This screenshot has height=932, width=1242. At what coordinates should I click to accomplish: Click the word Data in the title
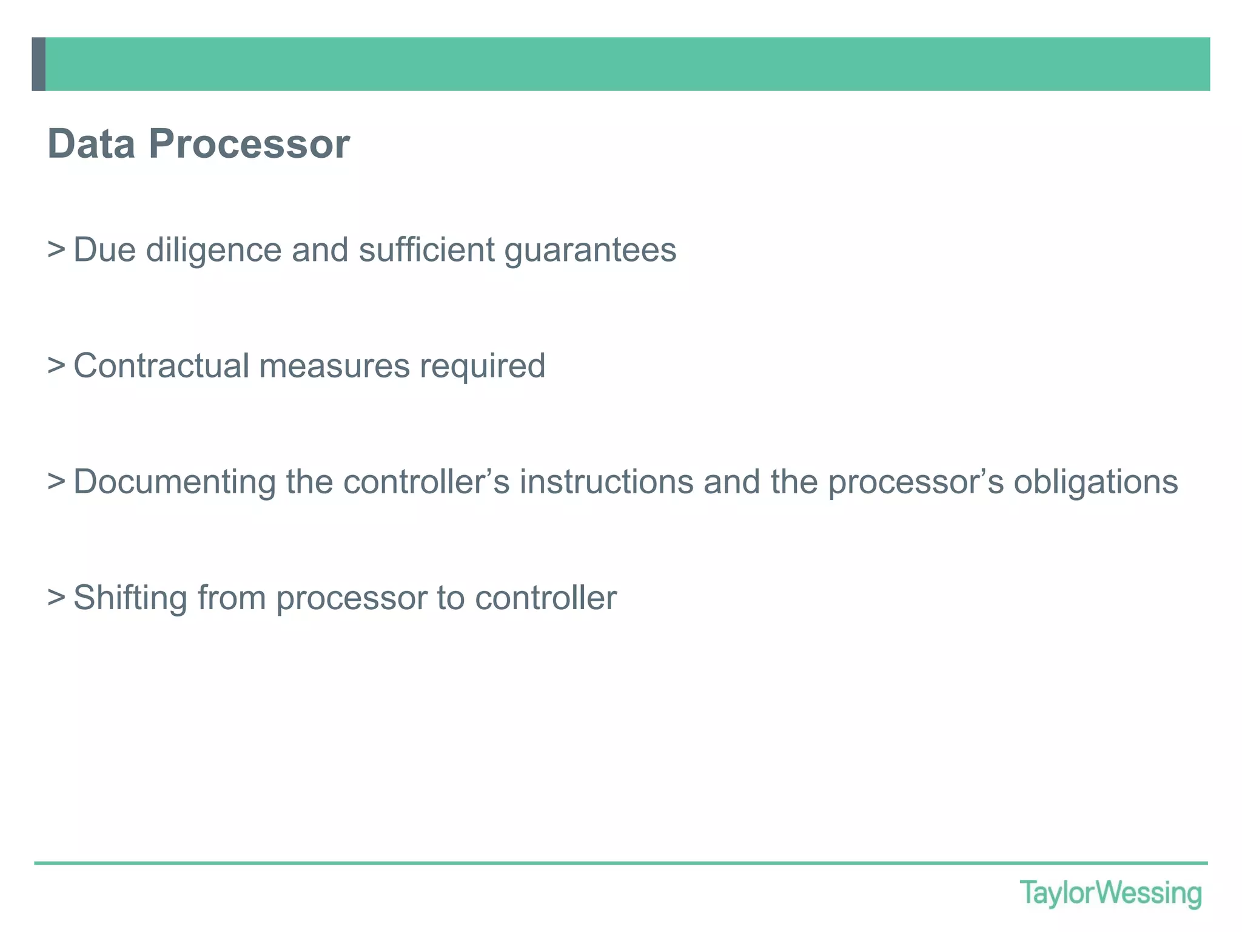91,144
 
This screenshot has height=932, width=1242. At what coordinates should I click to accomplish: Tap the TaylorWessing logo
1110,894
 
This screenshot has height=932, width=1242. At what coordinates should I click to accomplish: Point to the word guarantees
590,250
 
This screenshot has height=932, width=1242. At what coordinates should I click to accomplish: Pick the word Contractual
161,365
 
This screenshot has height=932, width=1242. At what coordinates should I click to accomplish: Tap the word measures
334,366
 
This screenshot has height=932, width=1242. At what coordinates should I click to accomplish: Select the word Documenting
175,482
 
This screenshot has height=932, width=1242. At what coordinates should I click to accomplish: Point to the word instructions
606,482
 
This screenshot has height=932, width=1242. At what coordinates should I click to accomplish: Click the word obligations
1096,482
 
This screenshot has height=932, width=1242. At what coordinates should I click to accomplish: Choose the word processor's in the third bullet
916,482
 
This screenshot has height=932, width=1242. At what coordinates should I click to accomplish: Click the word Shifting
130,598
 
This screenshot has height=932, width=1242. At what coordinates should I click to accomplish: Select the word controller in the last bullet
546,598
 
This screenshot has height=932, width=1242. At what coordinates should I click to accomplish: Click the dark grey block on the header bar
39,64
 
